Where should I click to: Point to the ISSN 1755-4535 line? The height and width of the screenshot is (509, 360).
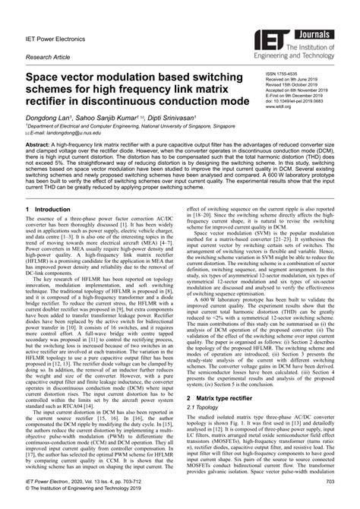[283, 76]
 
